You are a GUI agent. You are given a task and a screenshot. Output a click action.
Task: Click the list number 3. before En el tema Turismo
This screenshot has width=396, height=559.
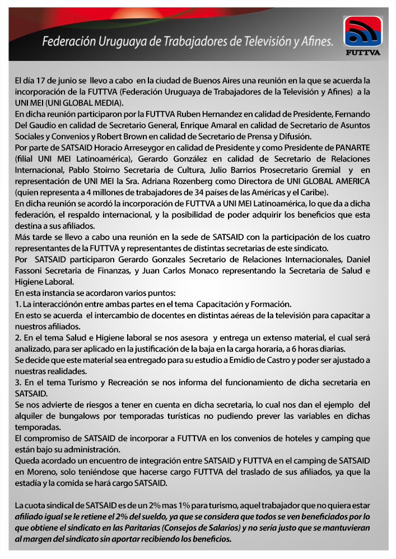pos(18,382)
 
